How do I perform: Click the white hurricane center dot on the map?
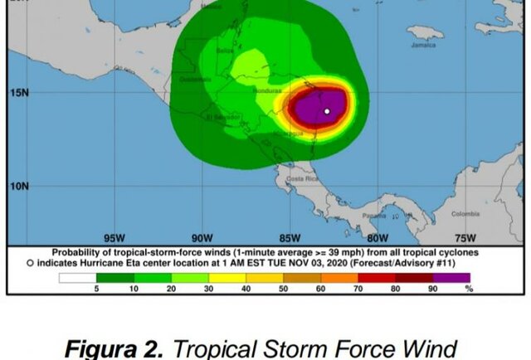click(327, 111)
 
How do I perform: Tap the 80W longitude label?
click(378, 237)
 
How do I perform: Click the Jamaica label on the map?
click(422, 45)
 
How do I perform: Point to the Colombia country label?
click(465, 214)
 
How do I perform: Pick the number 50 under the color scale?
click(283, 288)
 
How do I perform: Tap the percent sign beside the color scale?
click(470, 288)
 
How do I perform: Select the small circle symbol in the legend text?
click(31, 263)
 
